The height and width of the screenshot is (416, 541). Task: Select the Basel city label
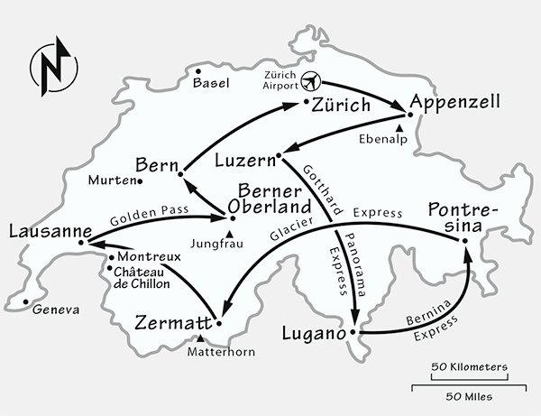click(212, 83)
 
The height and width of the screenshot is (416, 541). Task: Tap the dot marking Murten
click(142, 180)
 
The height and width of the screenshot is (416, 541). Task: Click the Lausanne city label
click(39, 231)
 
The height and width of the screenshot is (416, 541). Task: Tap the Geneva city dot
click(26, 301)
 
